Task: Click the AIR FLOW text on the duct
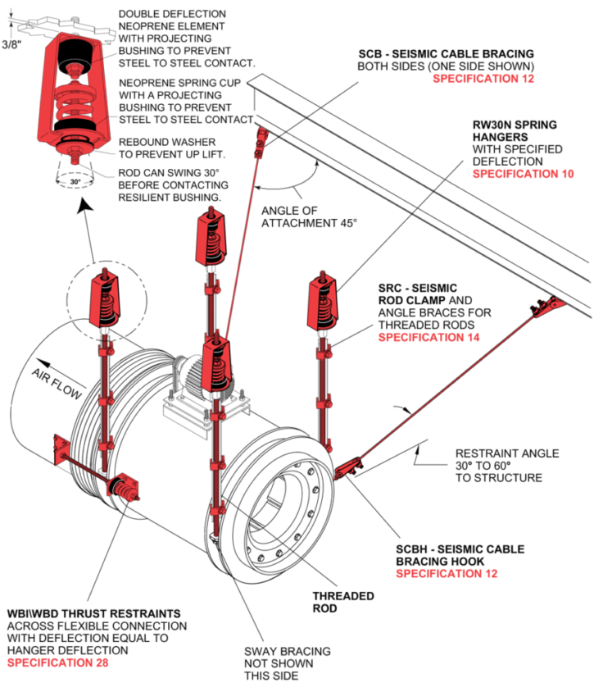(x=58, y=383)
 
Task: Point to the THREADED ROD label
(x=343, y=602)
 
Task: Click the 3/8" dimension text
(x=12, y=44)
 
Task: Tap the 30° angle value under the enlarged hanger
(x=75, y=182)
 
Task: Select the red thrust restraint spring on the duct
(x=125, y=489)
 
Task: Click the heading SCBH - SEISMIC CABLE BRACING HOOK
(x=460, y=554)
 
